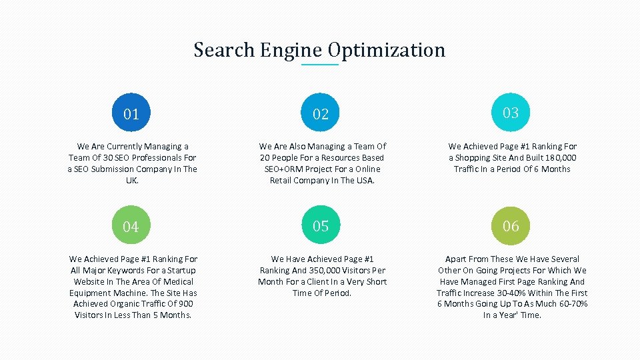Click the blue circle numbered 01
(x=131, y=113)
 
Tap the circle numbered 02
(x=321, y=113)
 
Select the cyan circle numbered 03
(x=511, y=113)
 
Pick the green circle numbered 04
(x=131, y=227)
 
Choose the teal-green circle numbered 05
(x=321, y=226)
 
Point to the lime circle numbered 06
(x=511, y=226)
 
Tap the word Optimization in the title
(x=387, y=50)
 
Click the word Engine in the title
(x=291, y=50)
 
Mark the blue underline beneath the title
(x=320, y=65)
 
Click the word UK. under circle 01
(x=132, y=181)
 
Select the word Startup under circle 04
(x=181, y=271)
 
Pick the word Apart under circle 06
(x=457, y=259)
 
